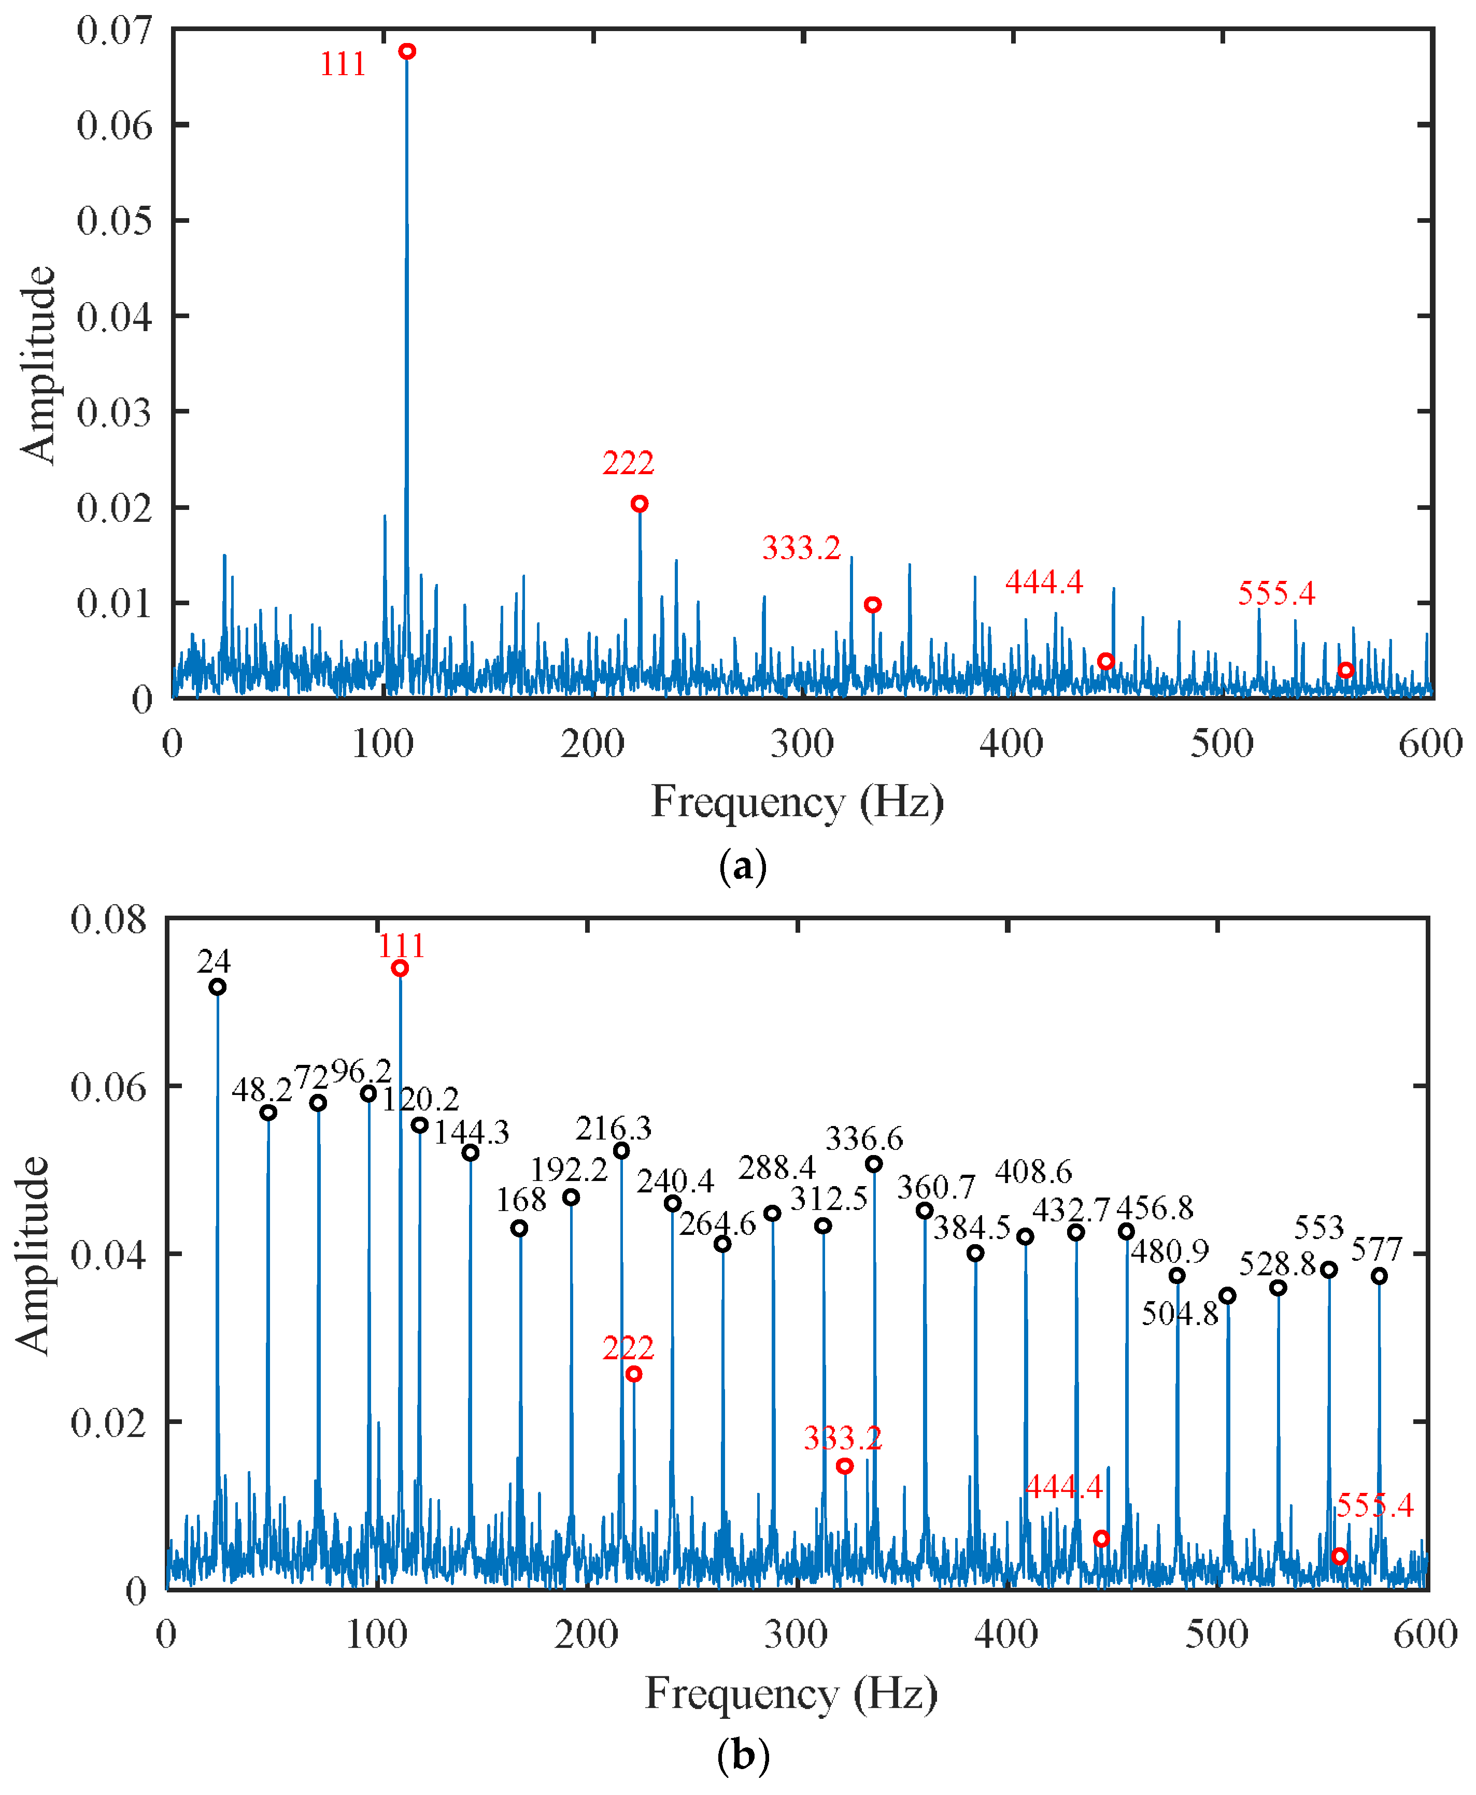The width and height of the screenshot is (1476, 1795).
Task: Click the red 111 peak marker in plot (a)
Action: [407, 52]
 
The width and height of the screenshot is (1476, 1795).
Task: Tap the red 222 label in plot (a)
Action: [628, 463]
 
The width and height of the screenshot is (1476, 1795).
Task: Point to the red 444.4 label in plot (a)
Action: [1044, 582]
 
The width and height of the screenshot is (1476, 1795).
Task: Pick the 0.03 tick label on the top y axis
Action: [114, 412]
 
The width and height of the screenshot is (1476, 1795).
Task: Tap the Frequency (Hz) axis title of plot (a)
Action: [797, 802]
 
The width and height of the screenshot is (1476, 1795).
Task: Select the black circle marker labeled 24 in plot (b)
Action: [218, 987]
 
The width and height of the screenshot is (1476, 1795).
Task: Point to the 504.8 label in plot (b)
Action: [1179, 1315]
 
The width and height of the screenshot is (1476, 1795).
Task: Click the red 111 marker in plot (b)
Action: [400, 968]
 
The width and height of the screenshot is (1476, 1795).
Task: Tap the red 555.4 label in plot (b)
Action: [1375, 1506]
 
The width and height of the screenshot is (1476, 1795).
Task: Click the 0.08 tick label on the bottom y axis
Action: [108, 920]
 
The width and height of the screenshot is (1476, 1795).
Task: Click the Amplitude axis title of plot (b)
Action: [32, 1255]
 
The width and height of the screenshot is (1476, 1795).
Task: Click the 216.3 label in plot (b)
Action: [613, 1129]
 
